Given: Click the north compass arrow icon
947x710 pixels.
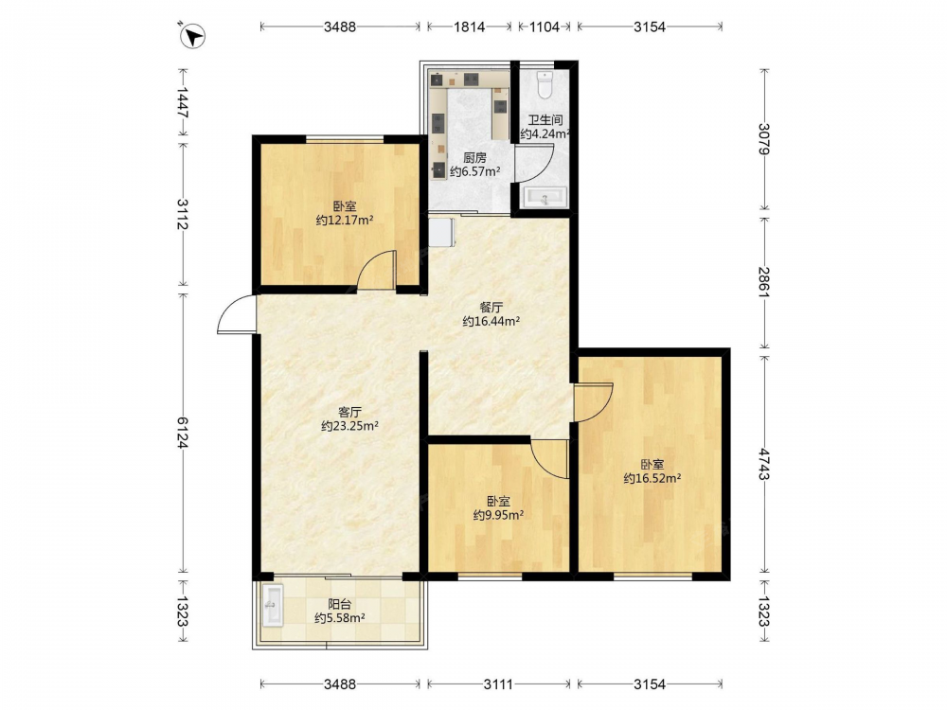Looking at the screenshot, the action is [x=192, y=36].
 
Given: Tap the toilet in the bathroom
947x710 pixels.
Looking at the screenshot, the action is [x=545, y=85].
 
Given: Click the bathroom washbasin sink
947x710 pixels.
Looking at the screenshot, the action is [x=545, y=197].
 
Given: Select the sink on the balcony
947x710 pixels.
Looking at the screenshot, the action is [x=273, y=605].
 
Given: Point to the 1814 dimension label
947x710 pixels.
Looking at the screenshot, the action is [x=470, y=27].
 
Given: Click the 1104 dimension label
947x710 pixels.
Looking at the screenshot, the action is [x=545, y=27].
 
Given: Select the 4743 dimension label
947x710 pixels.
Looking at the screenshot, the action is [x=765, y=464].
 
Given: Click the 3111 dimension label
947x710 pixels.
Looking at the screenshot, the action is [x=498, y=684].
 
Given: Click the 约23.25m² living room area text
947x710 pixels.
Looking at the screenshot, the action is [x=349, y=426].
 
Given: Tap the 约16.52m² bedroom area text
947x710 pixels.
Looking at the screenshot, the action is [x=652, y=478].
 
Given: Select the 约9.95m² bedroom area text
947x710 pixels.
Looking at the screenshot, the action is [x=498, y=515].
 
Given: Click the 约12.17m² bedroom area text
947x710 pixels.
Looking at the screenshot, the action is [x=345, y=220].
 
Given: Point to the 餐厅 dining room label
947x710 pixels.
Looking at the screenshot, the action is [x=491, y=307].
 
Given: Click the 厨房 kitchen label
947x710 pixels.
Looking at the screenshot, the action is [x=474, y=158].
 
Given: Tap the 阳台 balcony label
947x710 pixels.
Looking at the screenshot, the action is [x=339, y=604].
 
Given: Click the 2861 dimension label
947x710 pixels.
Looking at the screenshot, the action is [x=765, y=282].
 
